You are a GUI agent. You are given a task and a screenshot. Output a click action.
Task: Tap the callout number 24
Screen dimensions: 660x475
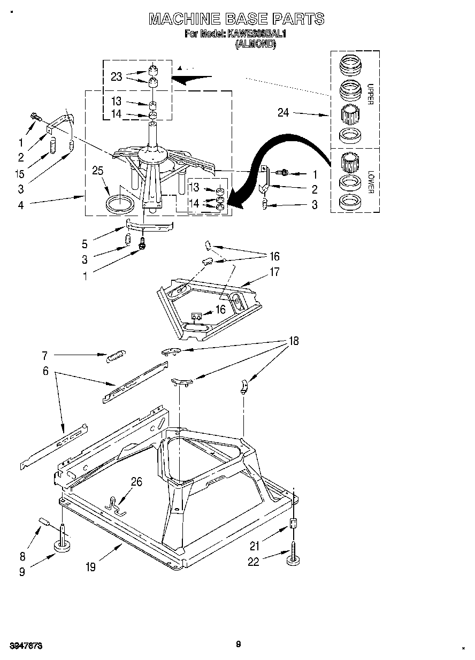(284, 112)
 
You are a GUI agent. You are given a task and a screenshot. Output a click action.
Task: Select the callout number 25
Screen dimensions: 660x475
(97, 171)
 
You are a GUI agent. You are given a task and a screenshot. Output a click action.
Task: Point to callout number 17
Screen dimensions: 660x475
(274, 272)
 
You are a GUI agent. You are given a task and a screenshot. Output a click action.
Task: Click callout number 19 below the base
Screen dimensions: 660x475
(91, 567)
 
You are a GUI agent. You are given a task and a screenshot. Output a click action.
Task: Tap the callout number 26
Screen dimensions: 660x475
(136, 482)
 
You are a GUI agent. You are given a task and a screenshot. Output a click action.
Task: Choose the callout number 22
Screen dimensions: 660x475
(254, 562)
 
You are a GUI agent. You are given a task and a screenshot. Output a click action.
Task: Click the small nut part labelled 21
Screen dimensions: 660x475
(293, 524)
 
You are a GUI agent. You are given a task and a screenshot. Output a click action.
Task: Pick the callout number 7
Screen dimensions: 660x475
(45, 355)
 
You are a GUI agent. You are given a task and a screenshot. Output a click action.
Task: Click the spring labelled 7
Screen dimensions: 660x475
(116, 355)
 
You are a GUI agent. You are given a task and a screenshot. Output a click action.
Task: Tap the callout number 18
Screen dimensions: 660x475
(293, 341)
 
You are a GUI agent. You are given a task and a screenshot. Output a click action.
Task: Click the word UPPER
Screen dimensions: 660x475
(370, 94)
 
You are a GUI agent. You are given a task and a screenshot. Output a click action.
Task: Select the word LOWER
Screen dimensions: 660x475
(370, 182)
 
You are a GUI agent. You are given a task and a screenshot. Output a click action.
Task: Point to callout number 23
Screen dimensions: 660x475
(117, 77)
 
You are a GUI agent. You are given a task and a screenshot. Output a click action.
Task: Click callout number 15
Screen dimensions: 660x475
(20, 174)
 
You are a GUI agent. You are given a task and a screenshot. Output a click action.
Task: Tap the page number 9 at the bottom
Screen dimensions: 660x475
(239, 644)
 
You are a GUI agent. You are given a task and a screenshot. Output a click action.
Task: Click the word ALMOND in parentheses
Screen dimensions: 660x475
(256, 45)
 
